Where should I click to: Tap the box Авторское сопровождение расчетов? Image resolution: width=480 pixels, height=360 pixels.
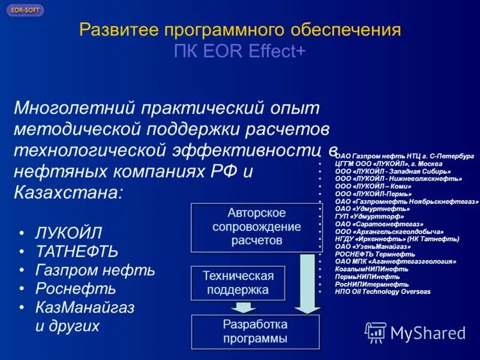coord(256,227)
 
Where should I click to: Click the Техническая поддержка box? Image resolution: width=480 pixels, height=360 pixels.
coord(238,283)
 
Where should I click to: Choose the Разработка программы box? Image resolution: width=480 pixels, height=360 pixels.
coord(255,331)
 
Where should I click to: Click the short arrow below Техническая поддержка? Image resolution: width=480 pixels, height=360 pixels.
coord(244,307)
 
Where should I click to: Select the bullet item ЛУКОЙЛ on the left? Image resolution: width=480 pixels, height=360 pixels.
coord(68,233)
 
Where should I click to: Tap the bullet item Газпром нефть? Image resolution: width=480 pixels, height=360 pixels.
coord(95,270)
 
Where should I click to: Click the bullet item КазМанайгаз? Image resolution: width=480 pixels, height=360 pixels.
coord(85,308)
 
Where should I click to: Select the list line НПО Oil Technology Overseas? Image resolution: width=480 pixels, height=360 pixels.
coord(383,292)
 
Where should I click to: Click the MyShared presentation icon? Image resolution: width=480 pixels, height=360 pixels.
coord(376,332)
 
